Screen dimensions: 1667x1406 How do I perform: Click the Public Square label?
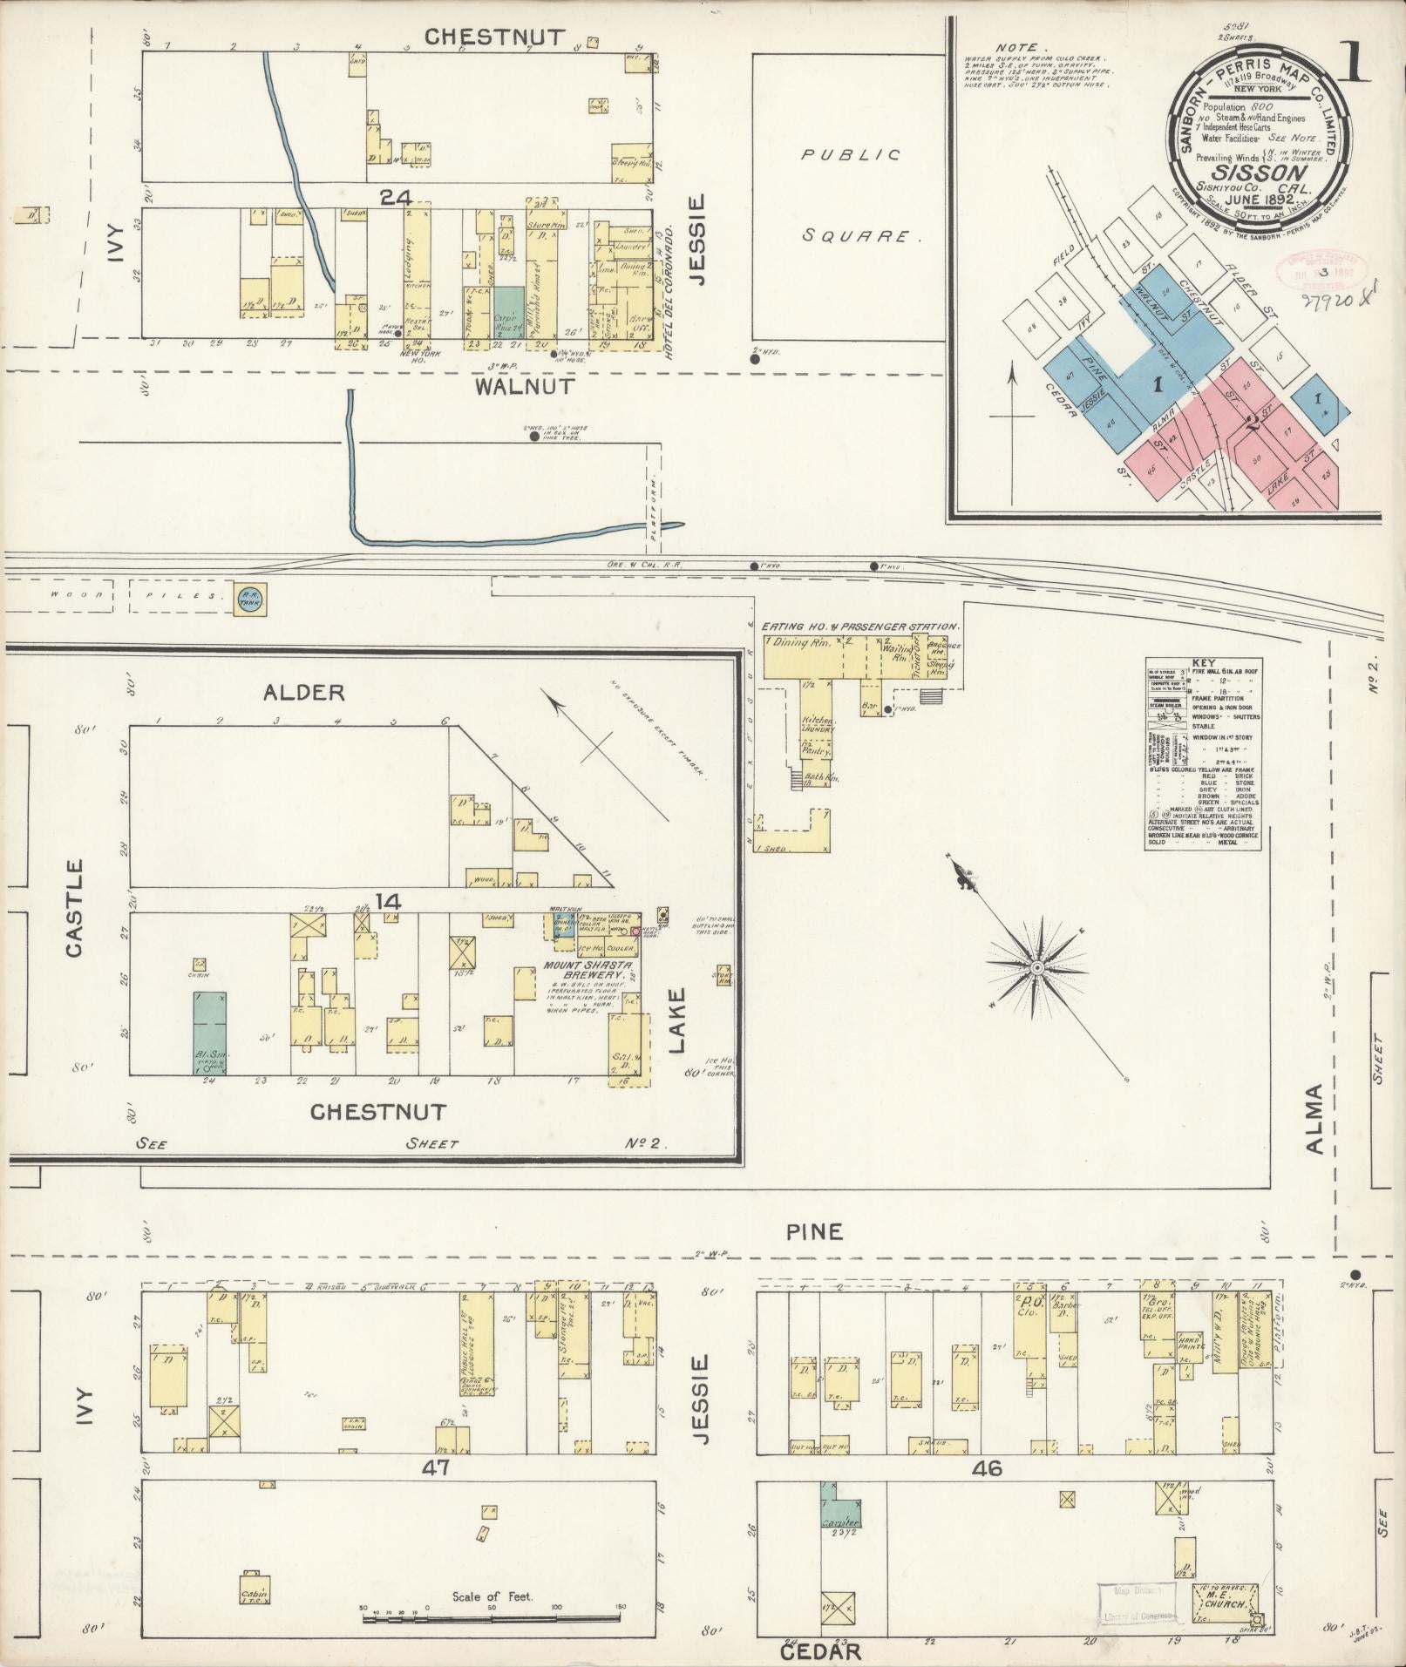(x=850, y=195)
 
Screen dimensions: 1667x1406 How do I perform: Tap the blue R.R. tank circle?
(x=248, y=598)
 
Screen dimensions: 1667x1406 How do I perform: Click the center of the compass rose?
(x=1037, y=968)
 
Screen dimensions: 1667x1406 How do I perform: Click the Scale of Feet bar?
(x=492, y=1618)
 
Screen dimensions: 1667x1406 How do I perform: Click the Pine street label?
(x=814, y=1231)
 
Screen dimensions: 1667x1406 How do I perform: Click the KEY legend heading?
(x=1202, y=662)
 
